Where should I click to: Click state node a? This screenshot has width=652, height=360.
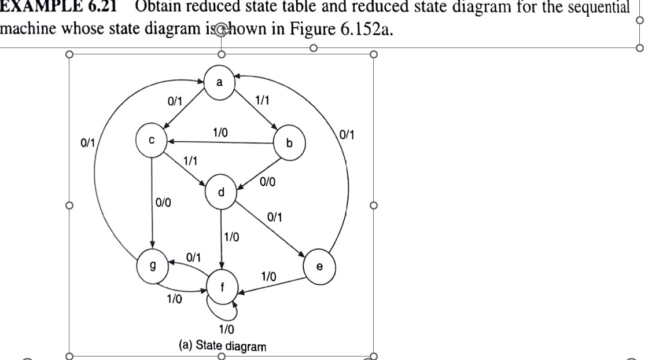[219, 82]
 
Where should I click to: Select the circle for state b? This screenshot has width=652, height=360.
[289, 142]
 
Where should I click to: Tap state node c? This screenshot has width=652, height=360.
[150, 140]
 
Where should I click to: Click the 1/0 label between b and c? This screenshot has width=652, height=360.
[219, 133]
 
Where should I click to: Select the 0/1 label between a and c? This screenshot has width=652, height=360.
[175, 102]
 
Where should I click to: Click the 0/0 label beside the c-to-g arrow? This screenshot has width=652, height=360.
[163, 204]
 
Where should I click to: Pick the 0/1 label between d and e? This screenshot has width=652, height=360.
[275, 218]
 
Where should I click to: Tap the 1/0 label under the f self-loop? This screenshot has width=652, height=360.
[226, 330]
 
